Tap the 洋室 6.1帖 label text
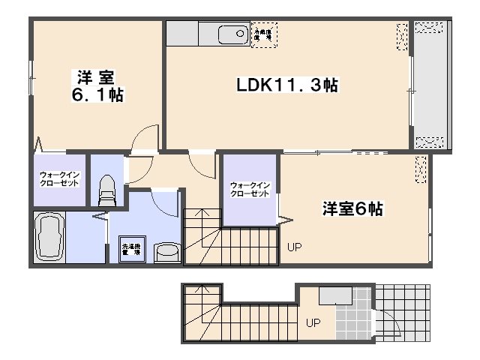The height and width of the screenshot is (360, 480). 98,85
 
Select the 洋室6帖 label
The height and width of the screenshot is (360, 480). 353,209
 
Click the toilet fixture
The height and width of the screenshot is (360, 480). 106,190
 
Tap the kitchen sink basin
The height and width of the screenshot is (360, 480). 233,34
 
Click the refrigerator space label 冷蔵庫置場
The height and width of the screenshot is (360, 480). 263,34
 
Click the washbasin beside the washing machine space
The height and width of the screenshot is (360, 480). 166,253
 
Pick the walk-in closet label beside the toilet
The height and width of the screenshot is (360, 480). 59,179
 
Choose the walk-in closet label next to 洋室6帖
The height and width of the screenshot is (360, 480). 250,188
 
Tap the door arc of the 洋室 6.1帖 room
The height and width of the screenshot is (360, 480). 145,139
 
